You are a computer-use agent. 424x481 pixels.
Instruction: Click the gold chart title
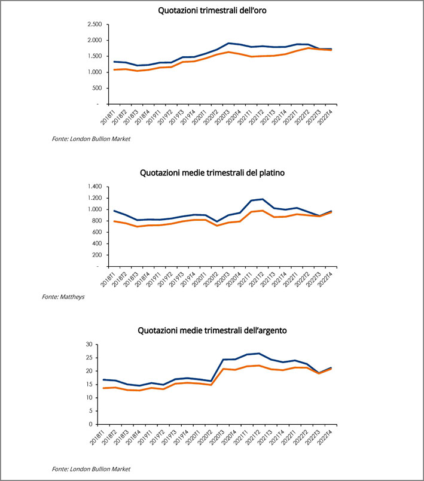212,10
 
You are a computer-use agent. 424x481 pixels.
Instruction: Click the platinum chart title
212,173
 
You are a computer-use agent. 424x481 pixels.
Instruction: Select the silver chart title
212,330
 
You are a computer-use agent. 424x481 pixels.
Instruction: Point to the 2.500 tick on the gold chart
94,25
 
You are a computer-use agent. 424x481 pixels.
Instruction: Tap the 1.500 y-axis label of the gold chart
94,56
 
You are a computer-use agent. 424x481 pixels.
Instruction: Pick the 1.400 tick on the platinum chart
94,187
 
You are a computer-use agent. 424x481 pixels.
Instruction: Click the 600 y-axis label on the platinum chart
96,232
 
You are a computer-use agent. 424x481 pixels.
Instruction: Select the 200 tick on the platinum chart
96,255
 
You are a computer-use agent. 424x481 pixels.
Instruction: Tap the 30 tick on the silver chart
89,345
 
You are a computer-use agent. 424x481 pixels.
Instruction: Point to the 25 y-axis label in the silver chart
89,358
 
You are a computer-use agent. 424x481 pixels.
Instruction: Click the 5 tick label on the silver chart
91,411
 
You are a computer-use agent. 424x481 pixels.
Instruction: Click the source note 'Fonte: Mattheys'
63,297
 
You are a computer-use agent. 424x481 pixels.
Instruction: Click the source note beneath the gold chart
91,139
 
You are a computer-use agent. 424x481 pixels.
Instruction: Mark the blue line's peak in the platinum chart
263,199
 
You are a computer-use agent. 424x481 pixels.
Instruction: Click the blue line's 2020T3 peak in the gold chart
228,43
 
